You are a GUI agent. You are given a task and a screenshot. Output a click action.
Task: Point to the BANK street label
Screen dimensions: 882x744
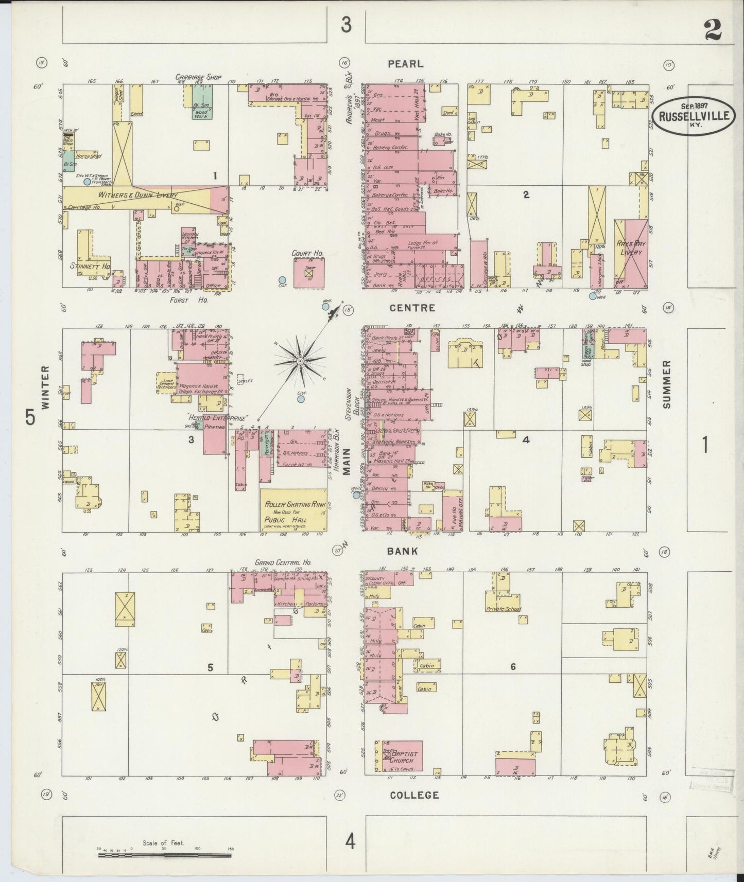pos(403,551)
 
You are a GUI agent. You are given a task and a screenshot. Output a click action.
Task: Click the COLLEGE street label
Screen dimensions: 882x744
pos(414,795)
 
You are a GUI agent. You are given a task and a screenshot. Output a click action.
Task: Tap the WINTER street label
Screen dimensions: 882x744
pos(45,387)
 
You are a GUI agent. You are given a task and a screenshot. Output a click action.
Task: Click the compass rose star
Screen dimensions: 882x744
pos(300,362)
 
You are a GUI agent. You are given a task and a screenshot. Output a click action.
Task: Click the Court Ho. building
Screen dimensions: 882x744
pos(309,273)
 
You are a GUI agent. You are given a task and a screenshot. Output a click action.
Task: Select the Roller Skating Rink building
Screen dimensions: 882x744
pos(293,509)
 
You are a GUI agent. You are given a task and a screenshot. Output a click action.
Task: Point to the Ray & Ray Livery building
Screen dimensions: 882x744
pos(631,253)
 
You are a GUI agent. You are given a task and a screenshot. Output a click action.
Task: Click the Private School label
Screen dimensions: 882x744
pos(503,609)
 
